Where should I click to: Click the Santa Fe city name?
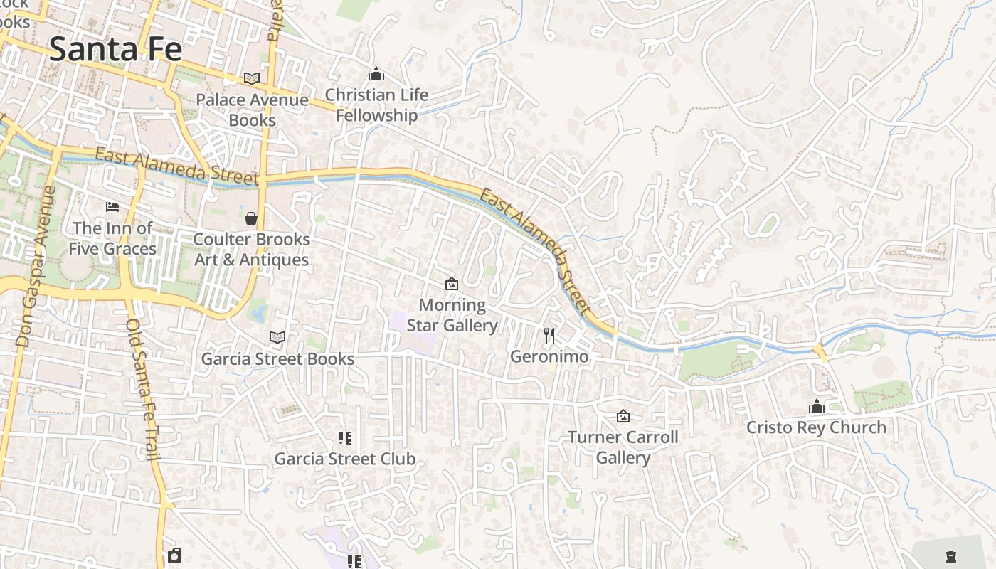[115, 49]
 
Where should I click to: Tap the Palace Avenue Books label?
[252, 110]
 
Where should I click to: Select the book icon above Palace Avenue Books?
[252, 78]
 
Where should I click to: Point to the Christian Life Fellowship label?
[376, 105]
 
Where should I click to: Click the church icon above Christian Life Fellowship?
[376, 74]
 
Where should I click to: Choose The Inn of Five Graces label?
[112, 238]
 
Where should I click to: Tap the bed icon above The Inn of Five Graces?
[112, 207]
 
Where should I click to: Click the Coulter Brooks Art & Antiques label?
[252, 249]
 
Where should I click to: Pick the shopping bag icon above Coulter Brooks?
[251, 218]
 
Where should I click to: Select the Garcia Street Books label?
[277, 358]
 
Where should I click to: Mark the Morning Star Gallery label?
[452, 315]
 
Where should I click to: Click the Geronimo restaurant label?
[549, 356]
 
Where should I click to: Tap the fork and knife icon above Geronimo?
[549, 335]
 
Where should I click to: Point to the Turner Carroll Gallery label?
[623, 447]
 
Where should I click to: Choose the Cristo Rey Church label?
[816, 427]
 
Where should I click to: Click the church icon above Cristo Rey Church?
[816, 407]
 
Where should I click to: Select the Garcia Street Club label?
[345, 459]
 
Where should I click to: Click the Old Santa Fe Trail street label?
[143, 388]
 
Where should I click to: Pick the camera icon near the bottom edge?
[174, 555]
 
